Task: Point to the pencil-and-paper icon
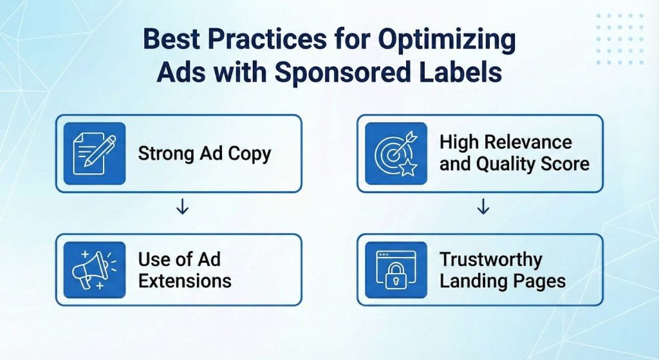click(94, 153)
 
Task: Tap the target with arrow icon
click(395, 153)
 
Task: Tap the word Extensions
click(185, 281)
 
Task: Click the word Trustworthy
click(490, 260)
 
